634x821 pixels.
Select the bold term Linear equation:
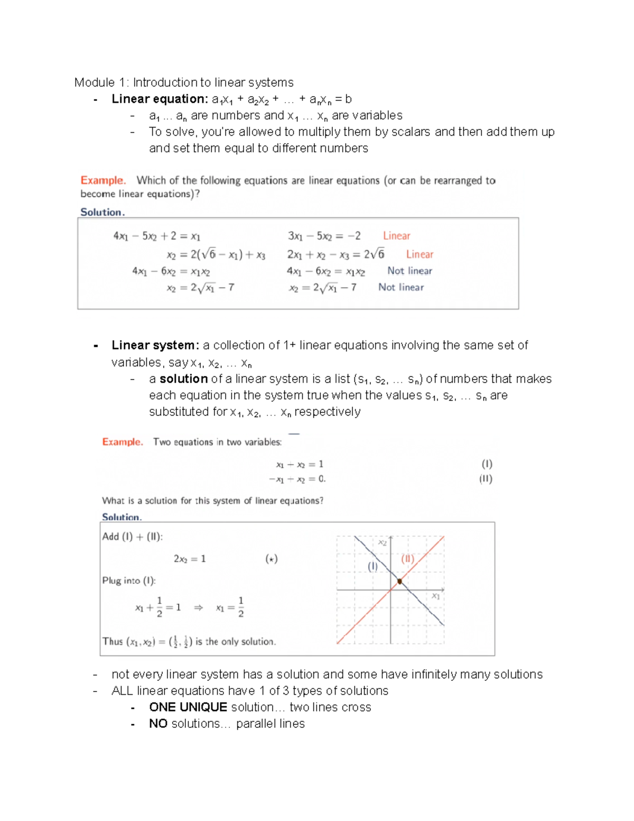(x=160, y=99)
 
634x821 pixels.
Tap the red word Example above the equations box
(x=102, y=180)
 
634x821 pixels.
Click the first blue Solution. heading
(x=102, y=212)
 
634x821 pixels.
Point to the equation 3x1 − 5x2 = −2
(x=324, y=236)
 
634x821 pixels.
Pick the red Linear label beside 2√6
(x=419, y=254)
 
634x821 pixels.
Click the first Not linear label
(x=409, y=271)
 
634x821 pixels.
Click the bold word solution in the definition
(x=183, y=379)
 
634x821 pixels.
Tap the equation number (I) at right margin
(x=487, y=464)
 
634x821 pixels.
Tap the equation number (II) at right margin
(x=486, y=478)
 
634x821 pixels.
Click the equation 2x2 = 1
(x=190, y=559)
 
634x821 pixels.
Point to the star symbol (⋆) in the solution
(x=271, y=559)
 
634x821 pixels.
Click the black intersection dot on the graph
(x=400, y=582)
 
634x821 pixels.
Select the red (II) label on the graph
(x=407, y=558)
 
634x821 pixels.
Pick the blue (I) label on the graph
(x=373, y=566)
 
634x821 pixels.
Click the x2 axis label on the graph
(x=383, y=542)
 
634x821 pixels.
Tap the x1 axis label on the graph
(x=436, y=596)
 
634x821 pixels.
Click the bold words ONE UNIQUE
(x=188, y=707)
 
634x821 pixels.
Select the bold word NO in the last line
(x=158, y=724)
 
